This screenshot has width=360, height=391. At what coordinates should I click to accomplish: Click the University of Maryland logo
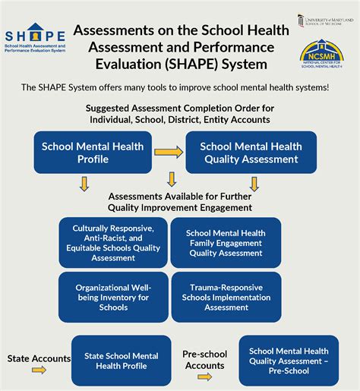pyautogui.click(x=325, y=20)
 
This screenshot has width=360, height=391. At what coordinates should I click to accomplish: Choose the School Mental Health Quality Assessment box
pyautogui.click(x=250, y=153)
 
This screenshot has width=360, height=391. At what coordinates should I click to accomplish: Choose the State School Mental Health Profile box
pyautogui.click(x=122, y=361)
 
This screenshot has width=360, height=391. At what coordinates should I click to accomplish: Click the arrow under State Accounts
pyautogui.click(x=39, y=370)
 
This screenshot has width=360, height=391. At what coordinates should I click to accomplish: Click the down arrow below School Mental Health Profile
pyautogui.click(x=84, y=184)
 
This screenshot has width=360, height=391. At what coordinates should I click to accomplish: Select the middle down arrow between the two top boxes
pyautogui.click(x=172, y=179)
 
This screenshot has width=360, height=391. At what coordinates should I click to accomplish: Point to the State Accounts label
pyautogui.click(x=39, y=358)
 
